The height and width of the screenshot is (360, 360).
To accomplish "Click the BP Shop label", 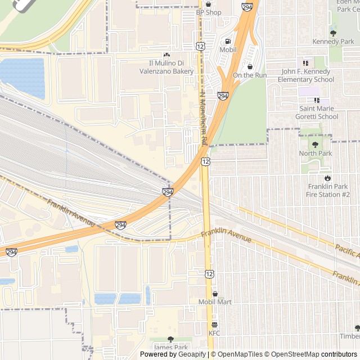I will pyautogui.click(x=209, y=12).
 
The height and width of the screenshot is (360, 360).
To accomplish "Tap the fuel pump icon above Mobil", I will pyautogui.click(x=228, y=41).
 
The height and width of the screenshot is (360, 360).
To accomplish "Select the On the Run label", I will pyautogui.click(x=250, y=75).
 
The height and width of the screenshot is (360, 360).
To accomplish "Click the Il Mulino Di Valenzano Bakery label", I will pyautogui.click(x=166, y=67).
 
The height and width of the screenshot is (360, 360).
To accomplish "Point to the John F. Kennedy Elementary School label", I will pyautogui.click(x=308, y=75).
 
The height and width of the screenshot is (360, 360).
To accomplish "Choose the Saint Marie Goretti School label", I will pyautogui.click(x=319, y=112).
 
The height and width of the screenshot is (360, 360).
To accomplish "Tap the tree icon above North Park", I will pyautogui.click(x=316, y=145).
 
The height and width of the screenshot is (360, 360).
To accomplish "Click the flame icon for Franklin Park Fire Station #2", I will pyautogui.click(x=328, y=178).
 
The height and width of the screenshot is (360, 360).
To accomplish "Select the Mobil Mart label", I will pyautogui.click(x=215, y=302).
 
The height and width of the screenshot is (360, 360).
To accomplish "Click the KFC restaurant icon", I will pyautogui.click(x=214, y=325).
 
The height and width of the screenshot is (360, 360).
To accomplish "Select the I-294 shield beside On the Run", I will pyautogui.click(x=223, y=96).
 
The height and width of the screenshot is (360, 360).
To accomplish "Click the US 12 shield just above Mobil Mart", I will pyautogui.click(x=209, y=274).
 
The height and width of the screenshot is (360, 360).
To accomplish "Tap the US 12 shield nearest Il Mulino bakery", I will pyautogui.click(x=201, y=46).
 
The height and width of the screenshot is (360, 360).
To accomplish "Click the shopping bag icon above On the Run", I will pyautogui.click(x=250, y=66).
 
